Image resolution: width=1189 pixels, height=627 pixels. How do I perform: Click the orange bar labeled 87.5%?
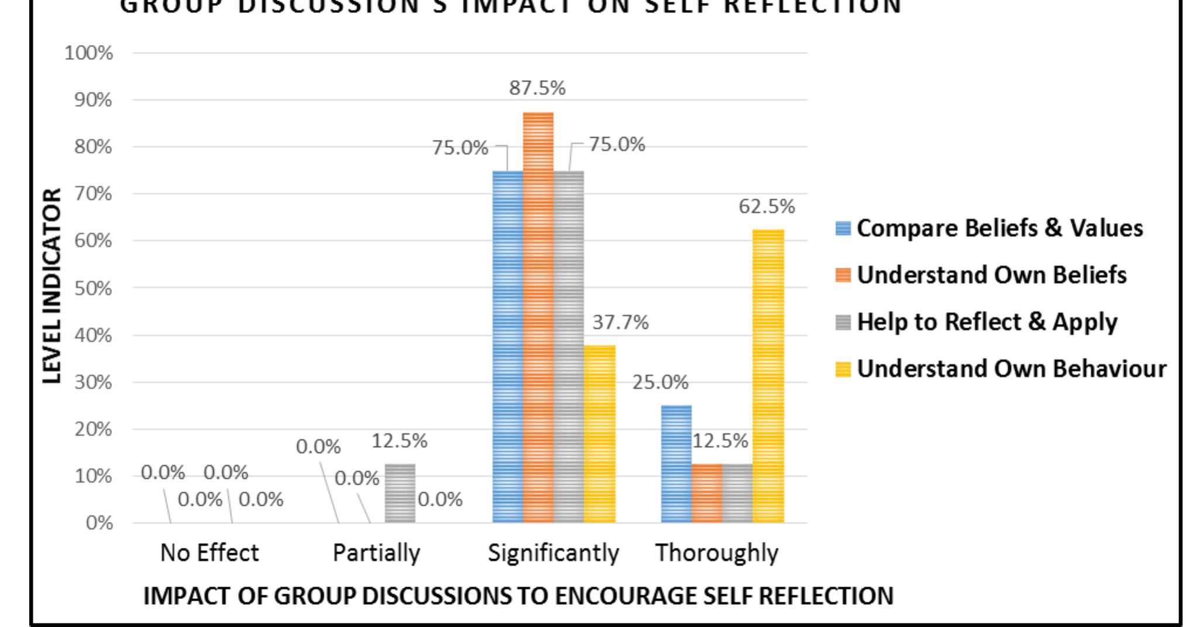(x=538, y=316)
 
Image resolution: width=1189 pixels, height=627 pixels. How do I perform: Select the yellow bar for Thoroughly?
(x=768, y=375)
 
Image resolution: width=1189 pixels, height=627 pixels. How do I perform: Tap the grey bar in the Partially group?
(x=400, y=493)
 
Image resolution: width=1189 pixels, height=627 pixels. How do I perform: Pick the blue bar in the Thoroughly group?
(x=676, y=463)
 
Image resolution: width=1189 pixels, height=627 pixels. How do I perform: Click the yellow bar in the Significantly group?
(x=599, y=433)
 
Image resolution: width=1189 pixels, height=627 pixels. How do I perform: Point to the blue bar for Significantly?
(x=507, y=345)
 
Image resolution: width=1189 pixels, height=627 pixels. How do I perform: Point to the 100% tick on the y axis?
(x=88, y=53)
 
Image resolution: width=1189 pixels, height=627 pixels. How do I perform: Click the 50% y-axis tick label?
(x=92, y=288)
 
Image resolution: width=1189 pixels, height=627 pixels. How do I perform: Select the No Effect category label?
(x=209, y=553)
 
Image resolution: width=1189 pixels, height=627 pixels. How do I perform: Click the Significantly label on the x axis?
(x=553, y=553)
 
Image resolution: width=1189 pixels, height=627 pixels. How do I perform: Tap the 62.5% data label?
(x=767, y=207)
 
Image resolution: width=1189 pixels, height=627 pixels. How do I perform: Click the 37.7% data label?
(x=620, y=322)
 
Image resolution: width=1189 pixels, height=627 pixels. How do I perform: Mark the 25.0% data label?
(x=660, y=382)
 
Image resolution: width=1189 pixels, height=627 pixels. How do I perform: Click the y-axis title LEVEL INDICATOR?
(x=52, y=286)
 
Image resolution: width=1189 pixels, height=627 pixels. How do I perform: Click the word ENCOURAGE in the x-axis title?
(x=627, y=596)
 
